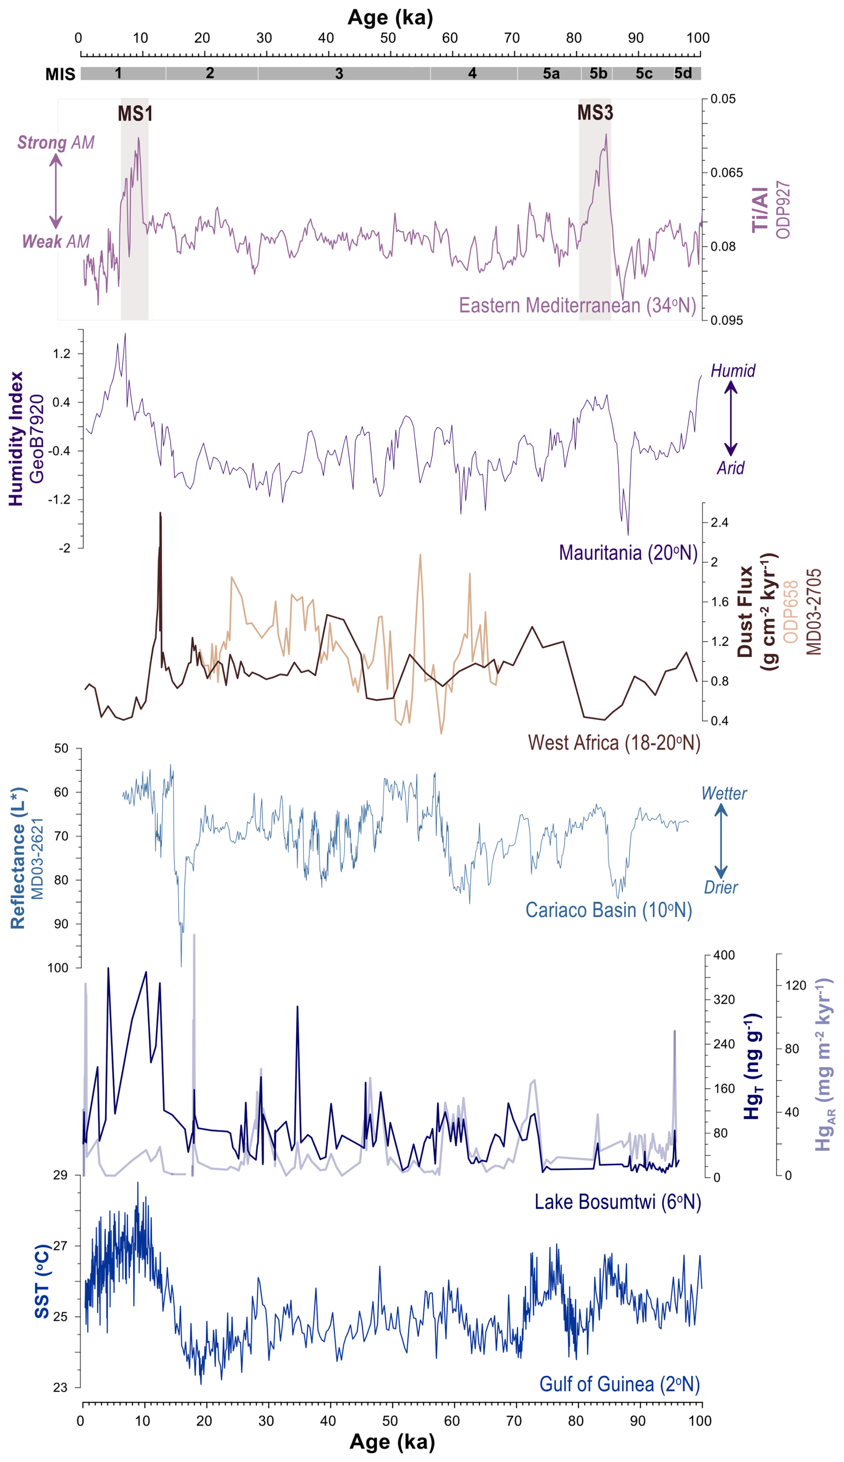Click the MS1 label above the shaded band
[135, 114]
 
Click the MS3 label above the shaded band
[595, 112]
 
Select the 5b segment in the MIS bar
[598, 74]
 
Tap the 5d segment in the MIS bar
[683, 73]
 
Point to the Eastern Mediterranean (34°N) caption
[577, 305]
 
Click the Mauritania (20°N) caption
[628, 552]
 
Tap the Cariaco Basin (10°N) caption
[608, 910]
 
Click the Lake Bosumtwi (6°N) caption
[617, 1202]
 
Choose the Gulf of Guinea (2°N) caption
[619, 1384]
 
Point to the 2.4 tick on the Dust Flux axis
[720, 523]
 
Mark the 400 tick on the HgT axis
[724, 955]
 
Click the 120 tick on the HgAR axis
[795, 985]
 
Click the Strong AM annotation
[56, 143]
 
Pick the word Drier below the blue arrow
[720, 887]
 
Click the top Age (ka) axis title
[390, 18]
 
